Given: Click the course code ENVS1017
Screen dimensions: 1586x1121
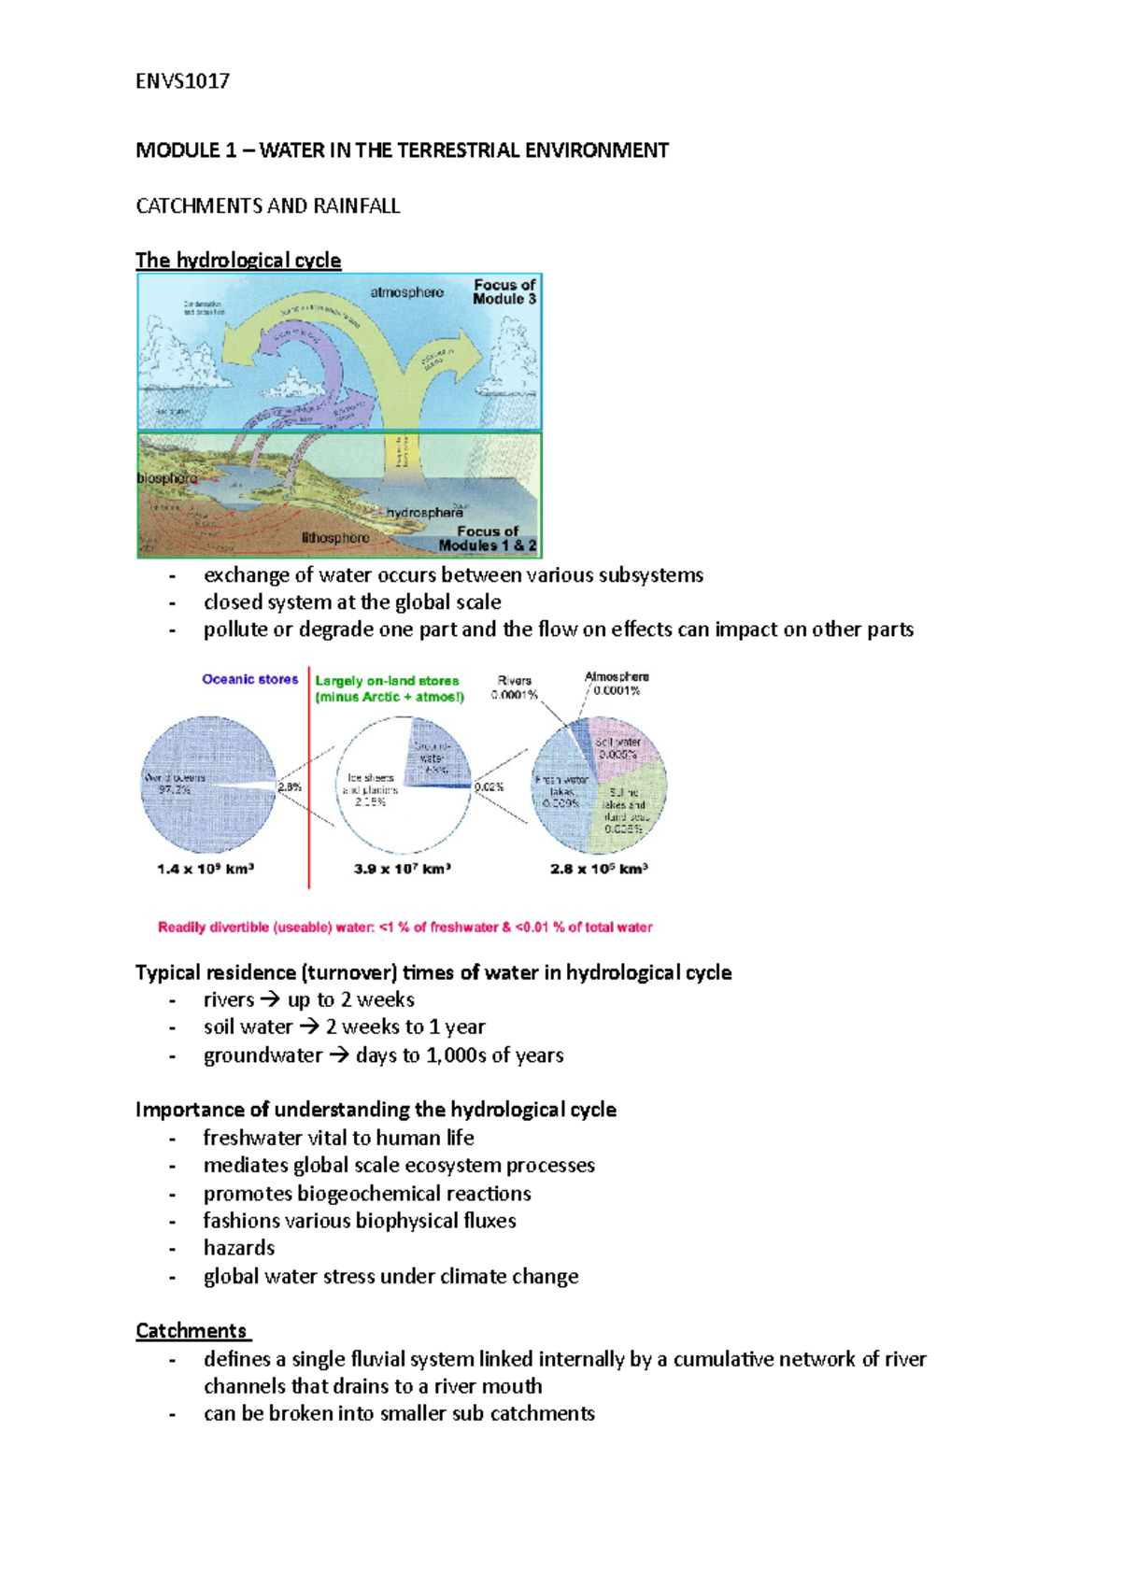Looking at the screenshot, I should click(x=182, y=81).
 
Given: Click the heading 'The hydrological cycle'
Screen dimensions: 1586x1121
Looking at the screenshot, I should click(x=238, y=260).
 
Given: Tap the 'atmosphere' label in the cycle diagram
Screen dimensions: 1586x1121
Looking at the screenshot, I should click(x=406, y=292).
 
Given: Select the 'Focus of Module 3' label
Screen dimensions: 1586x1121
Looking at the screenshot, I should click(x=504, y=291).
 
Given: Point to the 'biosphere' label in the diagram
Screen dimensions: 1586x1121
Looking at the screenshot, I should click(x=167, y=478).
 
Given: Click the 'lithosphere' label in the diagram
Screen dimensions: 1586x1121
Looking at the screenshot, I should click(x=335, y=538).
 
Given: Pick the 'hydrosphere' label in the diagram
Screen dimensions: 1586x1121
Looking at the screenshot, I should click(x=424, y=513).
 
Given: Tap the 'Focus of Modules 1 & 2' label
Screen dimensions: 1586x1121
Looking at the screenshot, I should click(x=488, y=538).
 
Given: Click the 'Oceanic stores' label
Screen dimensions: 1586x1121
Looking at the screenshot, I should click(x=250, y=679).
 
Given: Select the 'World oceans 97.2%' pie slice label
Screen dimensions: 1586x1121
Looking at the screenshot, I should click(x=174, y=783).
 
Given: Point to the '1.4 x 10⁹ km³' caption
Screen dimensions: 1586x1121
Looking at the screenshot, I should click(x=206, y=869).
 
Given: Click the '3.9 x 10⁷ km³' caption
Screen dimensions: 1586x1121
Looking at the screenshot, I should click(x=403, y=869).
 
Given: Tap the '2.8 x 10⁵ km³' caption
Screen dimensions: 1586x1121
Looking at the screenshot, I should click(x=599, y=869).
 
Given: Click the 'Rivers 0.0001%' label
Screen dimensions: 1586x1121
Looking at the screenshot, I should click(x=517, y=687).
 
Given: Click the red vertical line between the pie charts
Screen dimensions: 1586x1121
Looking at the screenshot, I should click(x=309, y=794).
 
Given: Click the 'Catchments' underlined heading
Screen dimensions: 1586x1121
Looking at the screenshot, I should click(x=192, y=1330).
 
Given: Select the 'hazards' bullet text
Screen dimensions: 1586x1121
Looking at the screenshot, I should click(x=239, y=1248).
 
